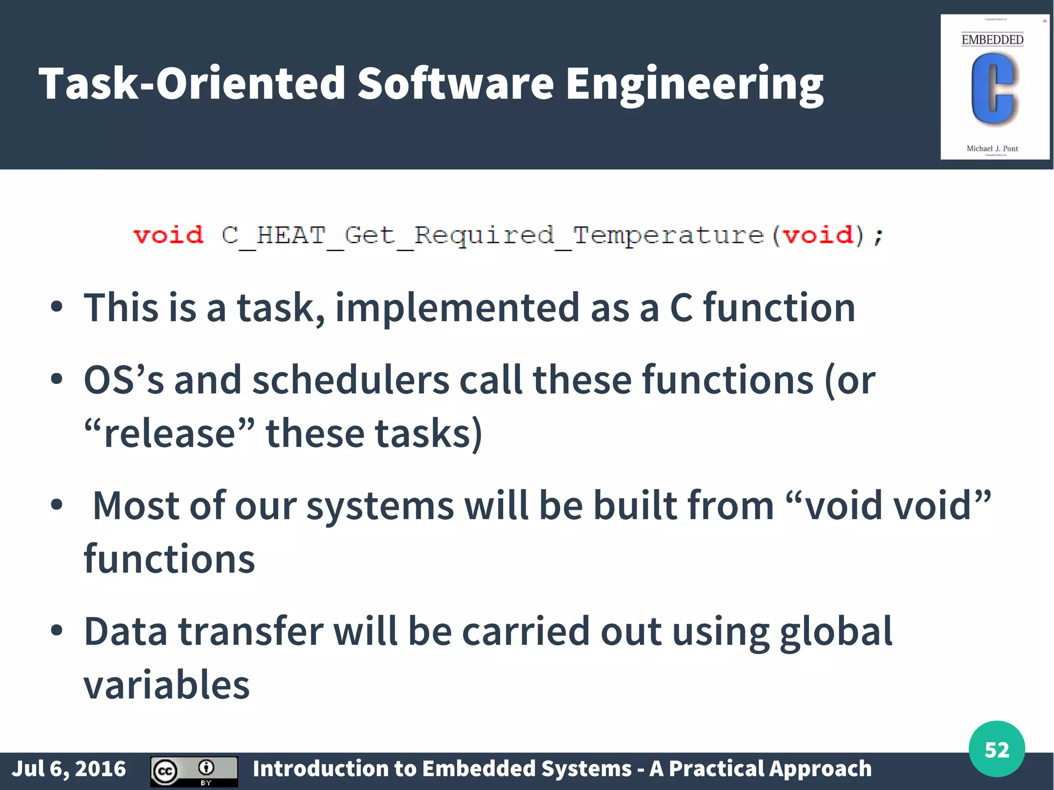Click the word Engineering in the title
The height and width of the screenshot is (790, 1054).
tap(694, 84)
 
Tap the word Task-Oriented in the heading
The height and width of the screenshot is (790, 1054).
tap(192, 84)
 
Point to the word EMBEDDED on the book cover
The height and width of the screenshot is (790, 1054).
tap(992, 40)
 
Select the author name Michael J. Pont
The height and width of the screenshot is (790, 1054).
tap(992, 149)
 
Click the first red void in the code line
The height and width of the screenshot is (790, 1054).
tap(168, 235)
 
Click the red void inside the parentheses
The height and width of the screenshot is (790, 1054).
tap(818, 235)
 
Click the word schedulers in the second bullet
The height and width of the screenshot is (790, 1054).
tap(350, 380)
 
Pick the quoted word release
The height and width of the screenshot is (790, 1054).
tap(169, 433)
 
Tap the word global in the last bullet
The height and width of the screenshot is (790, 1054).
tap(835, 632)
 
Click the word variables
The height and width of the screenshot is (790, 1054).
tap(166, 685)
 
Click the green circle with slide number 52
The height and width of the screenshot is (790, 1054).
tap(996, 749)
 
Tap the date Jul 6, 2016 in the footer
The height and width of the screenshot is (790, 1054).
tap(68, 769)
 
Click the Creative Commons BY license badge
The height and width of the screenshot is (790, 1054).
tap(194, 771)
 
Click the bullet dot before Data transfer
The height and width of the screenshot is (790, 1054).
tap(57, 630)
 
